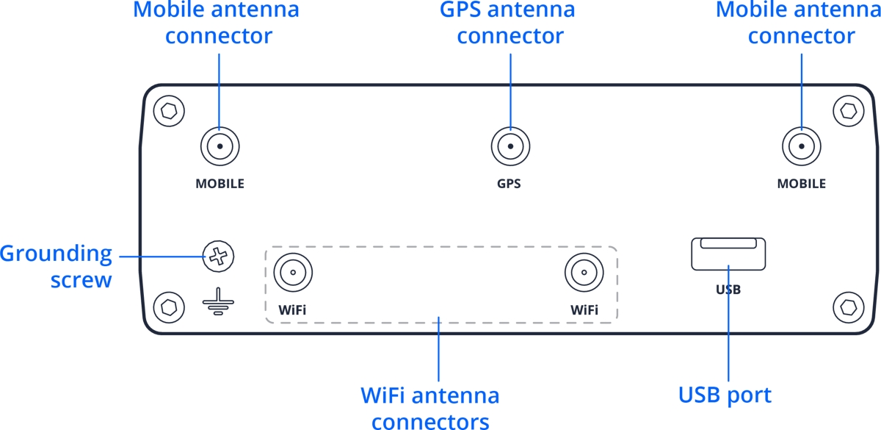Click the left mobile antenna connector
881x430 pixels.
click(x=220, y=147)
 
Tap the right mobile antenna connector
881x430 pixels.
click(x=801, y=147)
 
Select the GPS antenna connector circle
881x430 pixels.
click(x=509, y=147)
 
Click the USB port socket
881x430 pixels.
click(x=728, y=254)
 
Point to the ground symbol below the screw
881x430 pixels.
click(x=218, y=303)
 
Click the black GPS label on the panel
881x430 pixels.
click(x=509, y=184)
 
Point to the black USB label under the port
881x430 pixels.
click(x=728, y=290)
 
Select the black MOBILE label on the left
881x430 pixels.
click(x=220, y=184)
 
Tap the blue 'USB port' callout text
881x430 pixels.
click(x=725, y=395)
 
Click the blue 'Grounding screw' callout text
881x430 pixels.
click(x=57, y=266)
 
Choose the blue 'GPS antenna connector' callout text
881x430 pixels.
click(x=507, y=22)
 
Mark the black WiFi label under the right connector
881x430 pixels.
click(x=584, y=310)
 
